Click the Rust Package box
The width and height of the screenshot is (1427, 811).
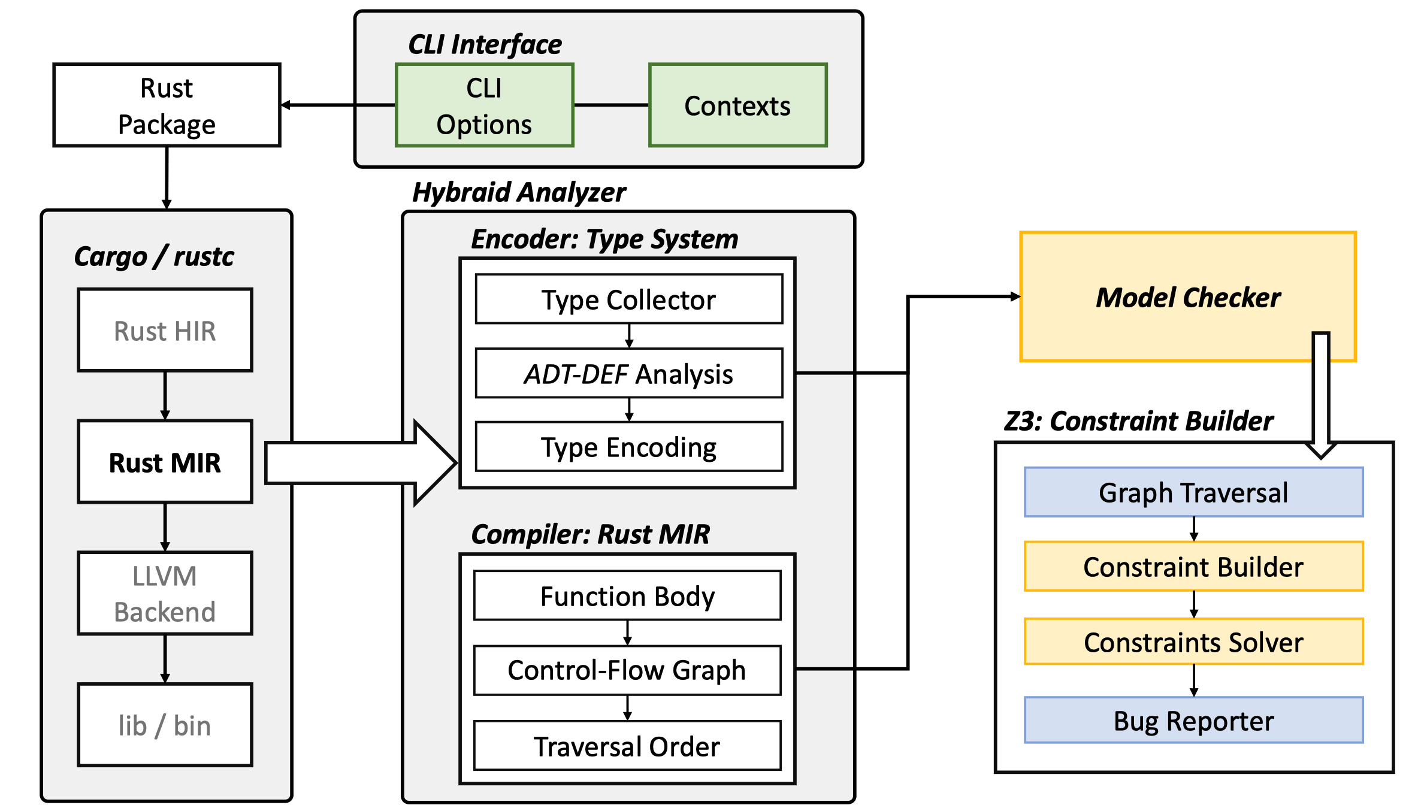click(167, 105)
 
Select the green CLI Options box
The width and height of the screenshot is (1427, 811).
click(484, 105)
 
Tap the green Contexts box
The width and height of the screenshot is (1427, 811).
click(737, 105)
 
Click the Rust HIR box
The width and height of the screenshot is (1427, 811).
click(165, 330)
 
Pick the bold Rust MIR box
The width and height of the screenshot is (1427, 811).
click(165, 462)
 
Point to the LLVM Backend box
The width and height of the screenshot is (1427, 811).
click(165, 593)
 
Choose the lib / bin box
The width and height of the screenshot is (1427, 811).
click(165, 725)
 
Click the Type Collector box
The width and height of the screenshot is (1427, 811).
click(628, 299)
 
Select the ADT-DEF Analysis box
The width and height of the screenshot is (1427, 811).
click(628, 373)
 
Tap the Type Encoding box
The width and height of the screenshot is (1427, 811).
click(628, 447)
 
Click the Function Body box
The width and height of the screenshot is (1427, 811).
click(627, 595)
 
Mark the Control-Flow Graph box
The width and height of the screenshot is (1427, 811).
click(627, 670)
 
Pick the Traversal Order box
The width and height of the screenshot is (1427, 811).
click(627, 746)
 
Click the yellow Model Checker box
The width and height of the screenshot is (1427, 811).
click(1187, 297)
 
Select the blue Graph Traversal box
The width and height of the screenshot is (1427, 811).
click(1193, 492)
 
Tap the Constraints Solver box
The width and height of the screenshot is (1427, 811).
click(1193, 641)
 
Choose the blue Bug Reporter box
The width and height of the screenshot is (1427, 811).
click(1193, 720)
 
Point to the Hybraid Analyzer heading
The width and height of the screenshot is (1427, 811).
click(519, 192)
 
